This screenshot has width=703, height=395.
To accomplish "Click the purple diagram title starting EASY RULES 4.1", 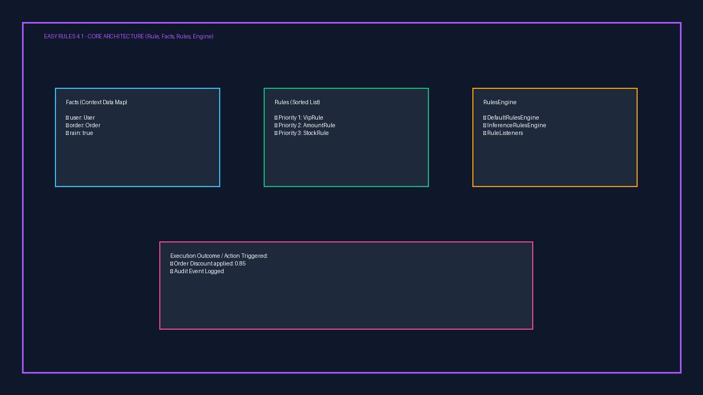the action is coord(129,36).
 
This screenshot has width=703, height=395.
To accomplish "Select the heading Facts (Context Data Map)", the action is coord(96,102).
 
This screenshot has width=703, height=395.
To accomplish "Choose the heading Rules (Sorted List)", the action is coord(297,102).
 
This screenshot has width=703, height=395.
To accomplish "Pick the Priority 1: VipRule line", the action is coord(299,117).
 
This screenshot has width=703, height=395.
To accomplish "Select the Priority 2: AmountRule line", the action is coord(305,126).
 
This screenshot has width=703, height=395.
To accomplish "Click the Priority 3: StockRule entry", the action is coord(302,133).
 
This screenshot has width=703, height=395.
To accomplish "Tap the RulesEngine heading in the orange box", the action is coord(500,102).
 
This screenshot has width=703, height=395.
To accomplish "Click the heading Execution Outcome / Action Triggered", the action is coord(219,256).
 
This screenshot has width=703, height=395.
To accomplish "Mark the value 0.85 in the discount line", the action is coord(240,264).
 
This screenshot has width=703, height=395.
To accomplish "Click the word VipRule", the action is coord(313,117).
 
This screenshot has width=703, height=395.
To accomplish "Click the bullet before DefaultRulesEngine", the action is coord(484,118).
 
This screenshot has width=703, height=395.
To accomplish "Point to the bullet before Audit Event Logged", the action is coord(172,272).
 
